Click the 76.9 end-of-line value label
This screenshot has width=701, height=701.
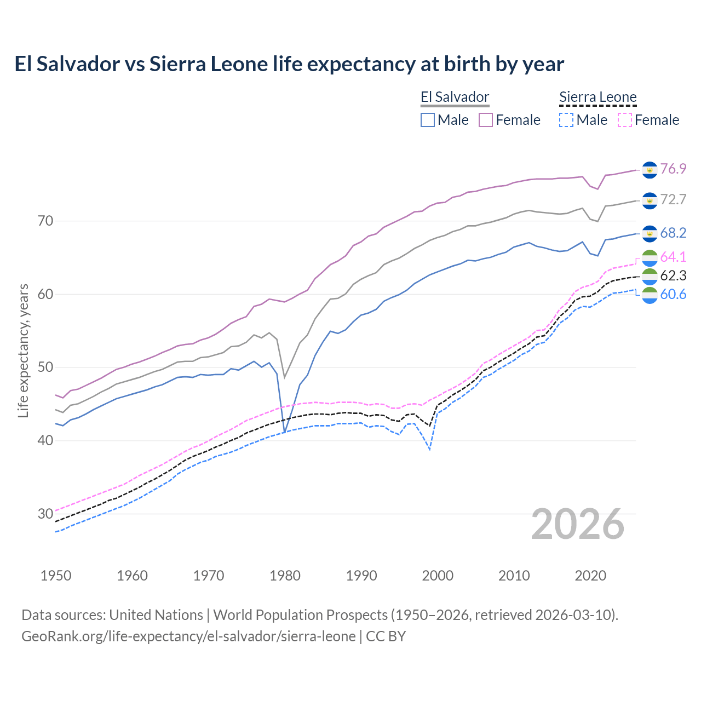point(673,169)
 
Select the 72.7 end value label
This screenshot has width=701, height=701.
point(673,199)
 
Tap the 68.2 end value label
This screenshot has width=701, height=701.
point(673,233)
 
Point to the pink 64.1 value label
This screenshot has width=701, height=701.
point(673,257)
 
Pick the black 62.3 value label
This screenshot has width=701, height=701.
point(673,275)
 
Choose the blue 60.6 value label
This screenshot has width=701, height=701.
point(673,295)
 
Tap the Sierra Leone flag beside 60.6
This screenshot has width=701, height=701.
point(650,295)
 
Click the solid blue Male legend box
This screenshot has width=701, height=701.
point(428,120)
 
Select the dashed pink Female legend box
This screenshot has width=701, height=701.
point(625,120)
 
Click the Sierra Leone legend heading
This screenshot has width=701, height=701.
point(597,97)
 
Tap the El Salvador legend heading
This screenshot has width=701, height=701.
point(455,97)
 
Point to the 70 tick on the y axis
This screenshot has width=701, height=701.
point(45,221)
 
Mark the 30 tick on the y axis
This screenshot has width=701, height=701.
point(45,514)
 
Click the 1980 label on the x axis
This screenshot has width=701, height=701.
point(285,576)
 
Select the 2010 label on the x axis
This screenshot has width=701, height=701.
point(514,576)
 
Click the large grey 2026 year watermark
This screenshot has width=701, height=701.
point(577,525)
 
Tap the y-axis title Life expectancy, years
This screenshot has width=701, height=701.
point(23,350)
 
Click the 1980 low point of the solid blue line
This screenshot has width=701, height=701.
point(284,433)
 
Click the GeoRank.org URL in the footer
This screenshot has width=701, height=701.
point(188,636)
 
